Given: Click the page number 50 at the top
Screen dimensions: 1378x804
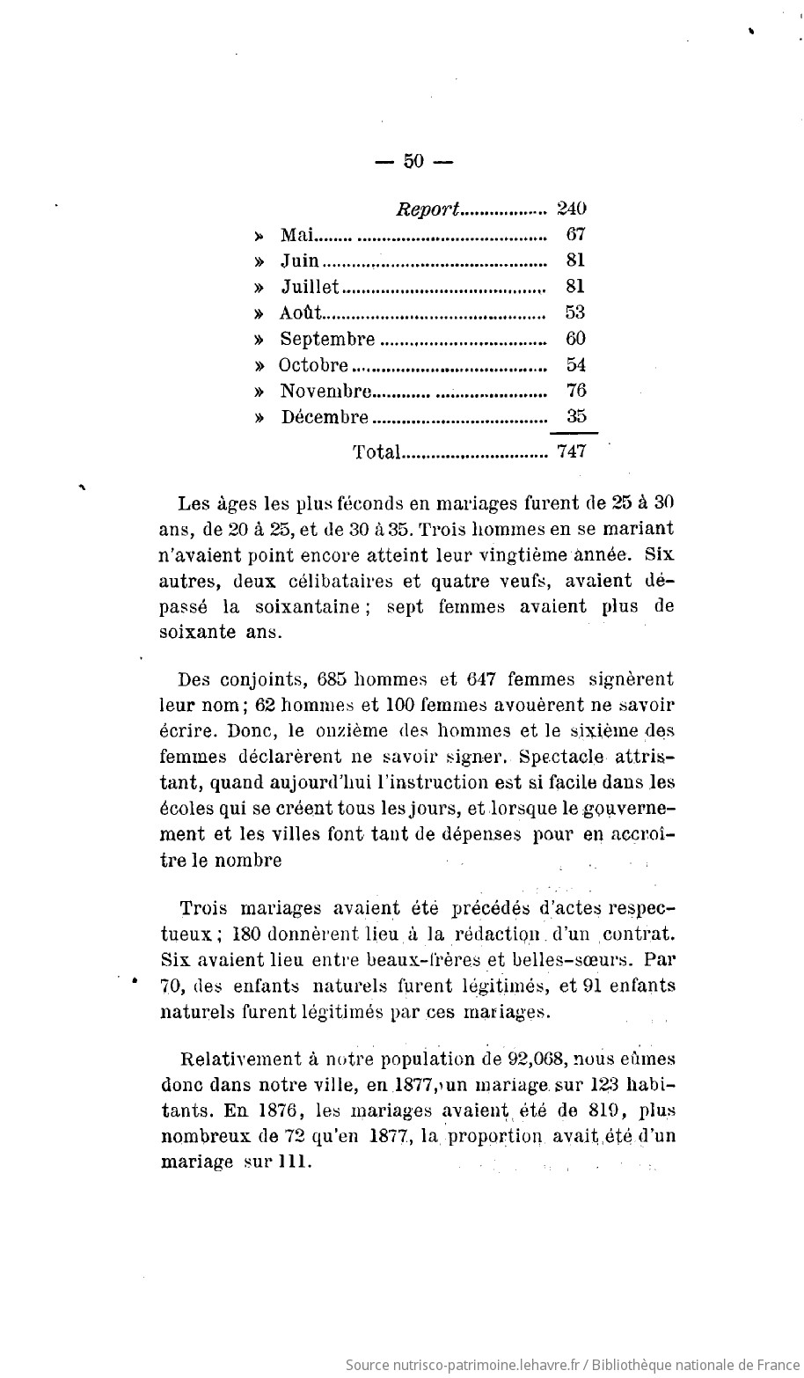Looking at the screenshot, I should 413,160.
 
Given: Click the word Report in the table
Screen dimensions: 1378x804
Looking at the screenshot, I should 428,209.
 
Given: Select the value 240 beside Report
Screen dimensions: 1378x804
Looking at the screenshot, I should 572,209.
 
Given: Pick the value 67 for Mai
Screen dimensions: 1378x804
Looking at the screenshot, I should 576,234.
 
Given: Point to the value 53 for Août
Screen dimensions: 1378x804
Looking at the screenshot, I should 576,312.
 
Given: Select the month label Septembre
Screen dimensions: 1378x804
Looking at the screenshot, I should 327,339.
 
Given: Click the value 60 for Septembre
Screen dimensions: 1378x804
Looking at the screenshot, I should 576,338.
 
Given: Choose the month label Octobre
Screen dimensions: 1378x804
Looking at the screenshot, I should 314,364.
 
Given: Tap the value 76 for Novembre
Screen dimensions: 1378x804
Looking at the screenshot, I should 576,390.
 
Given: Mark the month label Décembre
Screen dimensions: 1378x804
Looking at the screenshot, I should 325,416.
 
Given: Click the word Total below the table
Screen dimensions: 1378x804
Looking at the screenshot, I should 376,452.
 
